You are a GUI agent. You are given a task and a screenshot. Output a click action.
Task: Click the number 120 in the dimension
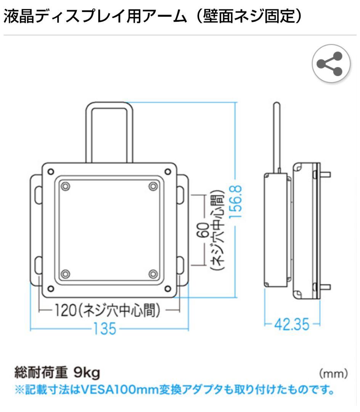(x=63, y=311)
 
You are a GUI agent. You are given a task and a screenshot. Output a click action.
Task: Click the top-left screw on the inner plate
(x=65, y=186)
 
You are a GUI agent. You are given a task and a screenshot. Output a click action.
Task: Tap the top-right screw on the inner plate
(x=153, y=186)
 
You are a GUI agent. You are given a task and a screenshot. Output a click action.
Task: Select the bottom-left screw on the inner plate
(x=65, y=274)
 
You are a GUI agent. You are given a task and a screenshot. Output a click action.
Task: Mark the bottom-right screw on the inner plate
(x=153, y=274)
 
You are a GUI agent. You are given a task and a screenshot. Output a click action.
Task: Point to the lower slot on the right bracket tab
(x=181, y=264)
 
